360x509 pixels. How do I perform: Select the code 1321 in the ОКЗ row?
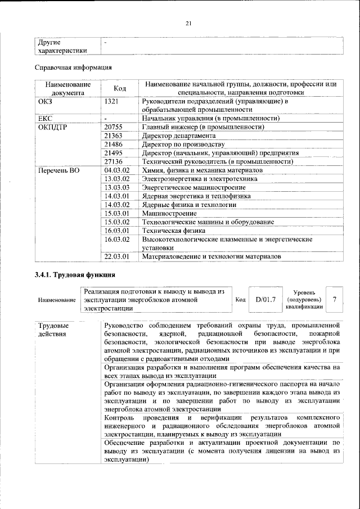(112, 102)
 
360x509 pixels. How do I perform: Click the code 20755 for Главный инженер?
(114, 127)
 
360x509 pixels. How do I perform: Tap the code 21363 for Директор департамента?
(114, 136)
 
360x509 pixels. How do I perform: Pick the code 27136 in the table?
(114, 161)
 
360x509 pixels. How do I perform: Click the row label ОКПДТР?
(53, 127)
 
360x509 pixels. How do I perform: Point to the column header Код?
(120, 88)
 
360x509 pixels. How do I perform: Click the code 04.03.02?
(117, 170)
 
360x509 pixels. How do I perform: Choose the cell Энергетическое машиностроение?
(186, 187)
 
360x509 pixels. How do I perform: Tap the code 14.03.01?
(117, 196)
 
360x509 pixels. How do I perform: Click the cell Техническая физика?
(171, 231)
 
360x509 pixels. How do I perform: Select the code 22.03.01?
(117, 256)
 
